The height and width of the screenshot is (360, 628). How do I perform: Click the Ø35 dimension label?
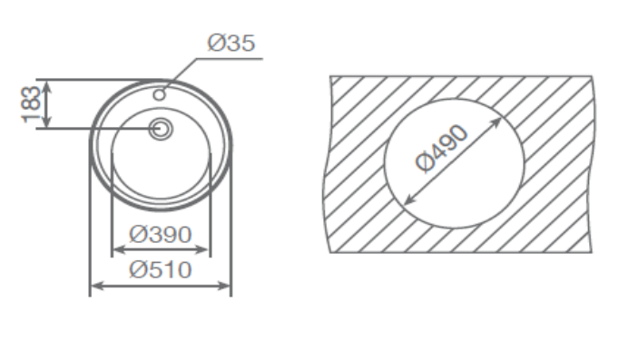pos(231,43)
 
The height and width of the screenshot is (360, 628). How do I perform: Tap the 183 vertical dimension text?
pos(31,104)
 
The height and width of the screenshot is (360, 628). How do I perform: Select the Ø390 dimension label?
pos(161,234)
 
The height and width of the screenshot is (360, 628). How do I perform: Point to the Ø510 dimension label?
pos(161,269)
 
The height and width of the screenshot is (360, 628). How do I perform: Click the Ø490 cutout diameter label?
pos(441,149)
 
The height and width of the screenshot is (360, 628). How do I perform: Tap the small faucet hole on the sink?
pos(160,95)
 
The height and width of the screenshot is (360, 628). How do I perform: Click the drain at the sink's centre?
pos(161,129)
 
